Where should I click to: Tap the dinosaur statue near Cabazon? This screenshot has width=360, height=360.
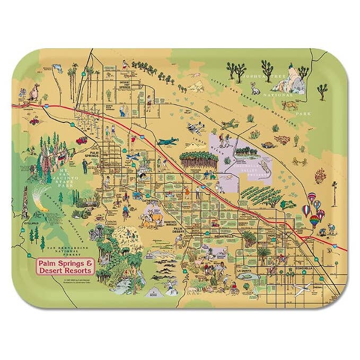click(36, 92)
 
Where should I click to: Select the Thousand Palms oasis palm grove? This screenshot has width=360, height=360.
click(198, 160)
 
